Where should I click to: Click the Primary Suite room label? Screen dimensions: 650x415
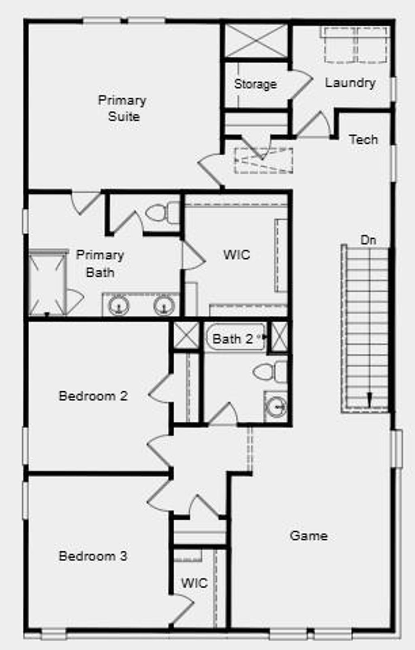(122, 108)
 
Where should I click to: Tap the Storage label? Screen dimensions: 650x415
(255, 84)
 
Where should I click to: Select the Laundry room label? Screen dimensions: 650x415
(350, 83)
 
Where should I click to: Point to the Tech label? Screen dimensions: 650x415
(363, 139)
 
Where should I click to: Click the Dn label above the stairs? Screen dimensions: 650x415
(368, 240)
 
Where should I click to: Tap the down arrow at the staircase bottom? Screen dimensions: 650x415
(369, 399)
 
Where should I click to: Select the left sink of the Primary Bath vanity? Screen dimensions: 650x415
(119, 305)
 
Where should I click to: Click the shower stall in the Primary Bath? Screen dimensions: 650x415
(47, 283)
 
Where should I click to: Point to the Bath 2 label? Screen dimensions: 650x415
(233, 339)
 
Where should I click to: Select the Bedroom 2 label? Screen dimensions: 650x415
(93, 396)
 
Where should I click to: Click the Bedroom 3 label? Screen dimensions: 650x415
(93, 556)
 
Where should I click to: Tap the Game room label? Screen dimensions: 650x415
(309, 536)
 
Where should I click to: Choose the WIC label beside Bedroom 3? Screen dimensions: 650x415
(194, 583)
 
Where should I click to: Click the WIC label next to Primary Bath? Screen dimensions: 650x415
(237, 255)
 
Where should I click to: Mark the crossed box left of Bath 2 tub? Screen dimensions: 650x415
(186, 335)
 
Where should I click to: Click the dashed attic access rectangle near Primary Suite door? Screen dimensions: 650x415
(263, 161)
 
